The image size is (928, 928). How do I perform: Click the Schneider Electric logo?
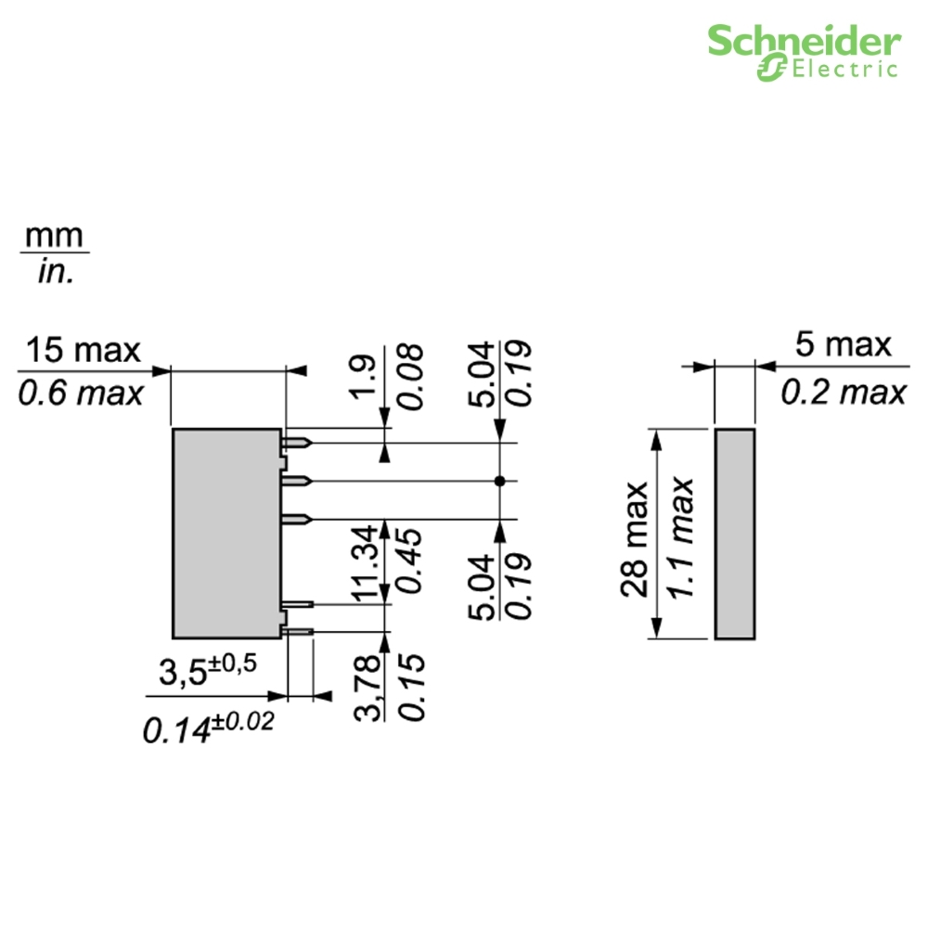pos(805,53)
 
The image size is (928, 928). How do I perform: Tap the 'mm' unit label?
pos(54,236)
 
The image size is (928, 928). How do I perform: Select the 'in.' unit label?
pos(56,272)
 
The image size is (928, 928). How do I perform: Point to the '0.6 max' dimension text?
pos(81,393)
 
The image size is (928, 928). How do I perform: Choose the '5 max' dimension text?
pos(843,344)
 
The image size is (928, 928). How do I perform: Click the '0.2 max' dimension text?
pos(844,392)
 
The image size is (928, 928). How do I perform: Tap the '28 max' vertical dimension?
pos(635,538)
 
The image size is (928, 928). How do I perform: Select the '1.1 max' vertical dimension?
pos(680,537)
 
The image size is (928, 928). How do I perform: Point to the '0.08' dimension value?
pos(410,377)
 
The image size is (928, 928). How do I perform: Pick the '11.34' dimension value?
pos(364,563)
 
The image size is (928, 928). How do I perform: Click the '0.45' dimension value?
pos(409,561)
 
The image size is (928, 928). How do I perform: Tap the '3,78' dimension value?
pos(367,687)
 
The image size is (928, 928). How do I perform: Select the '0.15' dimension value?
pos(411,687)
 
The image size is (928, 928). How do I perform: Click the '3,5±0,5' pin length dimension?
pos(208,670)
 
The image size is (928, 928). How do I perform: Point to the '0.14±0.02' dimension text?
pos(208,727)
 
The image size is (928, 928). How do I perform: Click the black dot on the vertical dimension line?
pos(500,481)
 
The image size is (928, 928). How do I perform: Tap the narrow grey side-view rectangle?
pos(735,534)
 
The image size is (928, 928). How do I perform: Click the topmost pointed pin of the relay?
pos(297,443)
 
